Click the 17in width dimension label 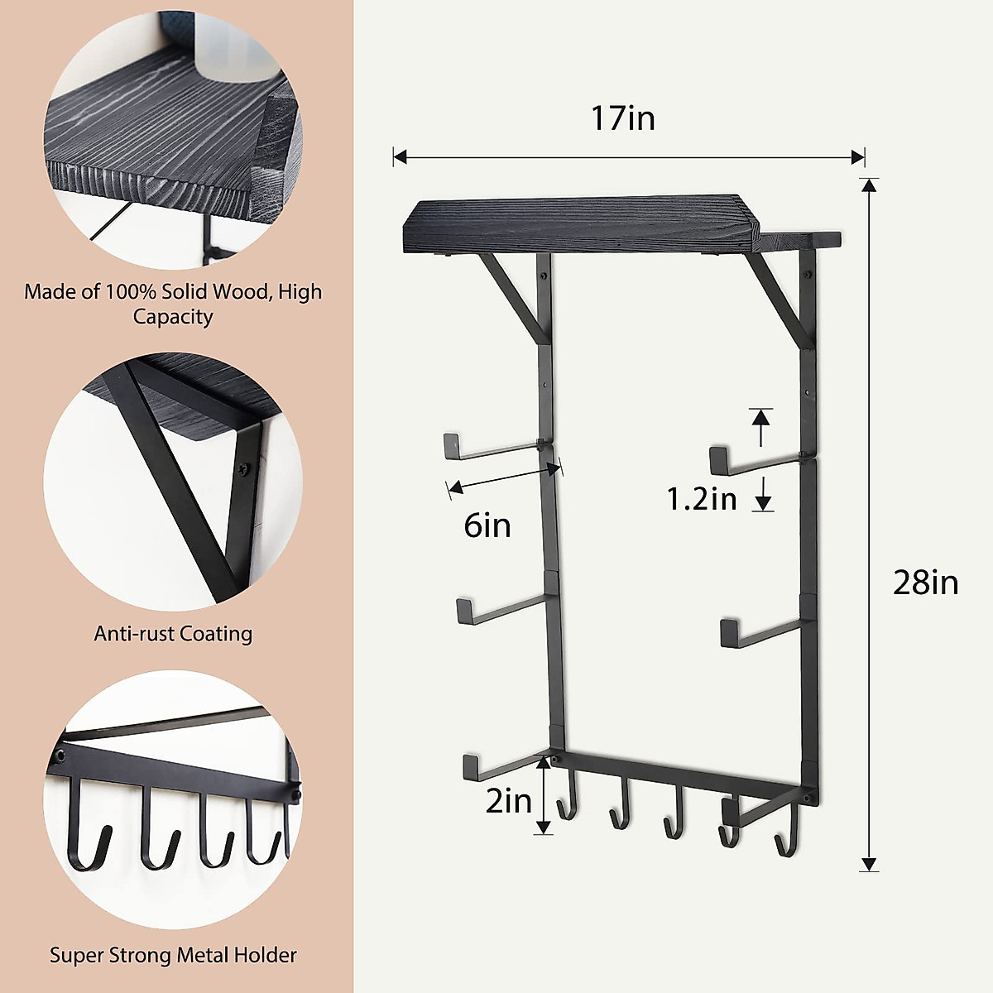[x=622, y=118]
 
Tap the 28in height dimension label [x=925, y=583]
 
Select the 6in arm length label [x=487, y=525]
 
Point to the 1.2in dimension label [x=702, y=498]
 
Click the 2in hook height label [x=507, y=800]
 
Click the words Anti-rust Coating [x=173, y=634]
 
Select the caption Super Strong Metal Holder [x=173, y=955]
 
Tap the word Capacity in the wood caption [x=173, y=317]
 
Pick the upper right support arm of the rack [x=756, y=459]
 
